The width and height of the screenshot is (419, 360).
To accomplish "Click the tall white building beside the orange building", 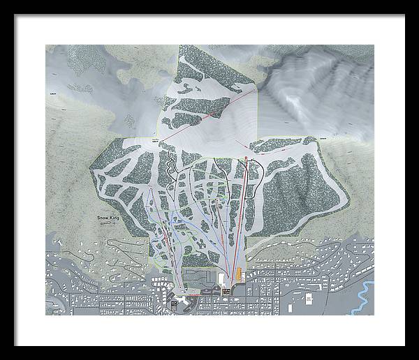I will pyautogui.click(x=223, y=278).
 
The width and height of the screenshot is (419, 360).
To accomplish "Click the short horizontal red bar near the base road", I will pyautogui.click(x=207, y=296).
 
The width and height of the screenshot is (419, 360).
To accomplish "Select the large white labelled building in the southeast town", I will pyautogui.click(x=307, y=299).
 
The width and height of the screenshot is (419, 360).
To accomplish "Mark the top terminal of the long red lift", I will pyautogui.click(x=246, y=160).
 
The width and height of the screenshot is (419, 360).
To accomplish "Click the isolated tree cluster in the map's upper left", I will pyautogui.click(x=80, y=89).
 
